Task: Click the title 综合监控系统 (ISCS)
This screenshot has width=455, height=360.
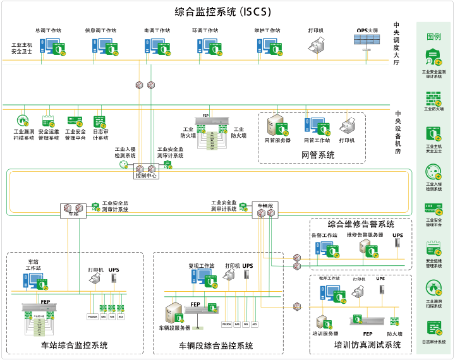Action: click(227, 11)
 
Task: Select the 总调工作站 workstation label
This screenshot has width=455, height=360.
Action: click(49, 30)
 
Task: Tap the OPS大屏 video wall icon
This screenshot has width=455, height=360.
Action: click(367, 41)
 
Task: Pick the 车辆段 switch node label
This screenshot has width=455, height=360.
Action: click(265, 205)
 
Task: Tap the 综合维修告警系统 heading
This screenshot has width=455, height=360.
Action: click(360, 224)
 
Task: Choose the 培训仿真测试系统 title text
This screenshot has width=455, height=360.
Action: click(367, 345)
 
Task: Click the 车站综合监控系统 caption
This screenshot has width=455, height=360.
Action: click(74, 345)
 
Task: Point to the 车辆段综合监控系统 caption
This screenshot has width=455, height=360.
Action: click(215, 345)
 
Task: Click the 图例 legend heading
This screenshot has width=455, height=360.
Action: click(434, 37)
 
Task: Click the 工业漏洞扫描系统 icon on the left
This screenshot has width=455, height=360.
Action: click(23, 121)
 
